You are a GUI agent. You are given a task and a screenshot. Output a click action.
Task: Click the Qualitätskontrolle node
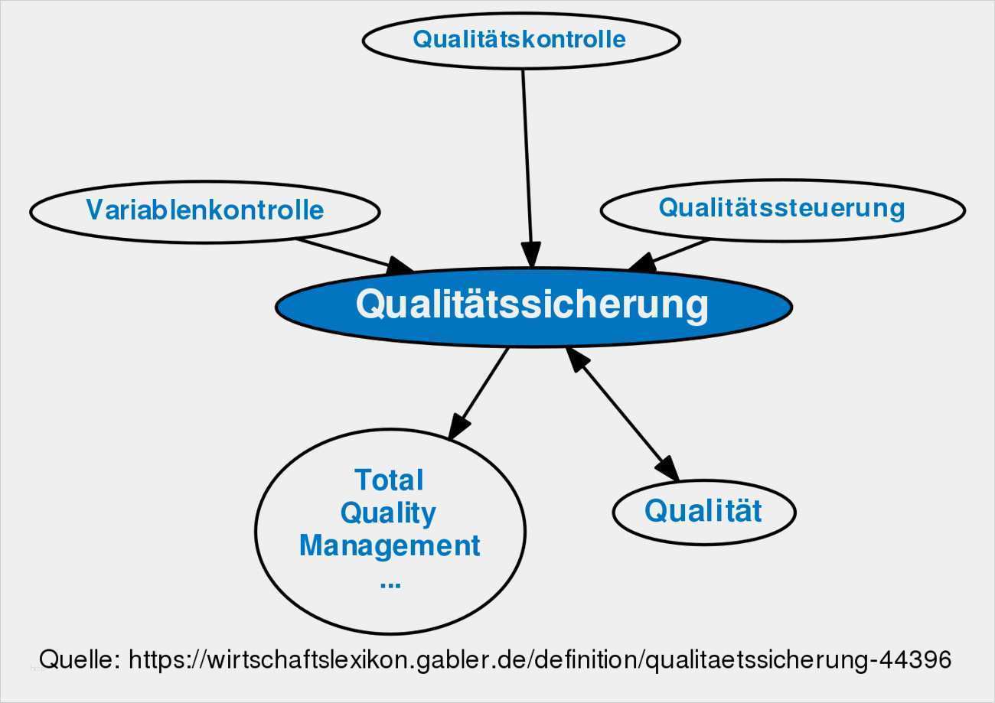coord(520,40)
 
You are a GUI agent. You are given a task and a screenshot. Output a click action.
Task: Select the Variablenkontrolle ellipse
coord(204,210)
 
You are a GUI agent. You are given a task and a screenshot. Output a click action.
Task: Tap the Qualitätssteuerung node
coord(781,208)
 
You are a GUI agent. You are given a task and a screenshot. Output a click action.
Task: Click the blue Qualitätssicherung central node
coord(533,305)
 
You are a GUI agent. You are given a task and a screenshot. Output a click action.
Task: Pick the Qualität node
coord(703,511)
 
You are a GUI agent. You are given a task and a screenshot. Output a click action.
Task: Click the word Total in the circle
coord(389,480)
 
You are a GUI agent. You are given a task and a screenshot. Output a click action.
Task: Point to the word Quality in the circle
coord(388,513)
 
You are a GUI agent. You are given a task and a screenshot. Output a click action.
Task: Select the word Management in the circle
coord(390,546)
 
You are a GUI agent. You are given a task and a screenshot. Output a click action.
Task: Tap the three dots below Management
coord(390,583)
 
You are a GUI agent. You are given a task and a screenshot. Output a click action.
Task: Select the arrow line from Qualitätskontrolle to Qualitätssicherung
coord(527,153)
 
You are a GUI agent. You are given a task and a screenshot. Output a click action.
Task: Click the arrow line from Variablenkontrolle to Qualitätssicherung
coord(344,253)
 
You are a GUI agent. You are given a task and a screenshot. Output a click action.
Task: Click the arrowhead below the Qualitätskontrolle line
coord(531,255)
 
